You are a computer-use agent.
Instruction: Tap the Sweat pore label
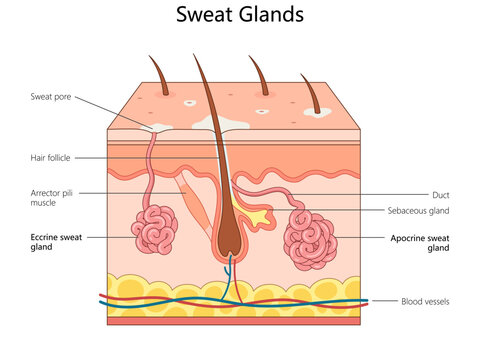(50, 97)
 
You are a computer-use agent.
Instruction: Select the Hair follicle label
(51, 158)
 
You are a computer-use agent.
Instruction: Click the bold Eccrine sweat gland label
(57, 241)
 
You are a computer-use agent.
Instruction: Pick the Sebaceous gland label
(418, 211)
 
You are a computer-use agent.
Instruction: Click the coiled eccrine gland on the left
(154, 230)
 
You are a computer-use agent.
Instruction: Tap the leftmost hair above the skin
(159, 72)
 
